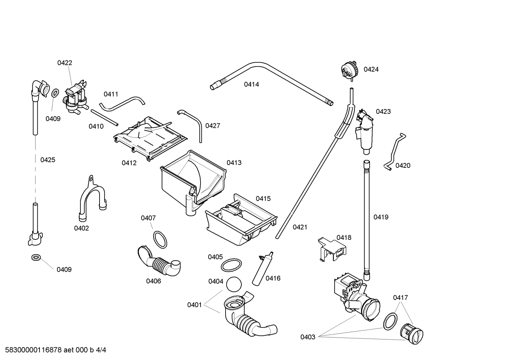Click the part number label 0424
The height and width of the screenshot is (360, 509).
[x=371, y=70]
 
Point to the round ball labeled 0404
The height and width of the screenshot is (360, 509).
[x=234, y=285]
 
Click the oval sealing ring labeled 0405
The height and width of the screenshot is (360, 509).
[x=231, y=264]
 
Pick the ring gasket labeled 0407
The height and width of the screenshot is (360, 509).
[x=160, y=240]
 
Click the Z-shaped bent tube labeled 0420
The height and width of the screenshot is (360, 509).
[x=395, y=152]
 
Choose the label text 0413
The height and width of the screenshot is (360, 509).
[x=234, y=163]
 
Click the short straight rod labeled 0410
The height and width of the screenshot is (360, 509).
[x=104, y=117]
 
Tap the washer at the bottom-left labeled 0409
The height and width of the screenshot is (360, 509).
[x=36, y=257]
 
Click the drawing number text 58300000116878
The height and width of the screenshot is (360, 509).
[x=32, y=350]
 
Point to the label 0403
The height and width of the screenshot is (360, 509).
[x=308, y=337]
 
